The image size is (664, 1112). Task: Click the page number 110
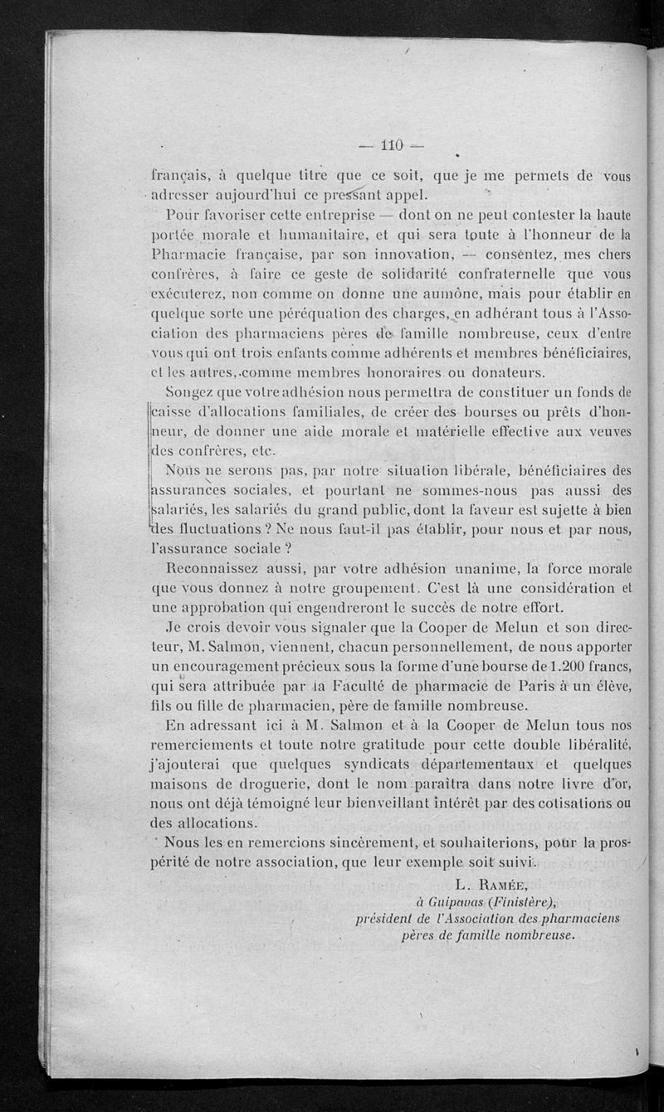click(x=390, y=146)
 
